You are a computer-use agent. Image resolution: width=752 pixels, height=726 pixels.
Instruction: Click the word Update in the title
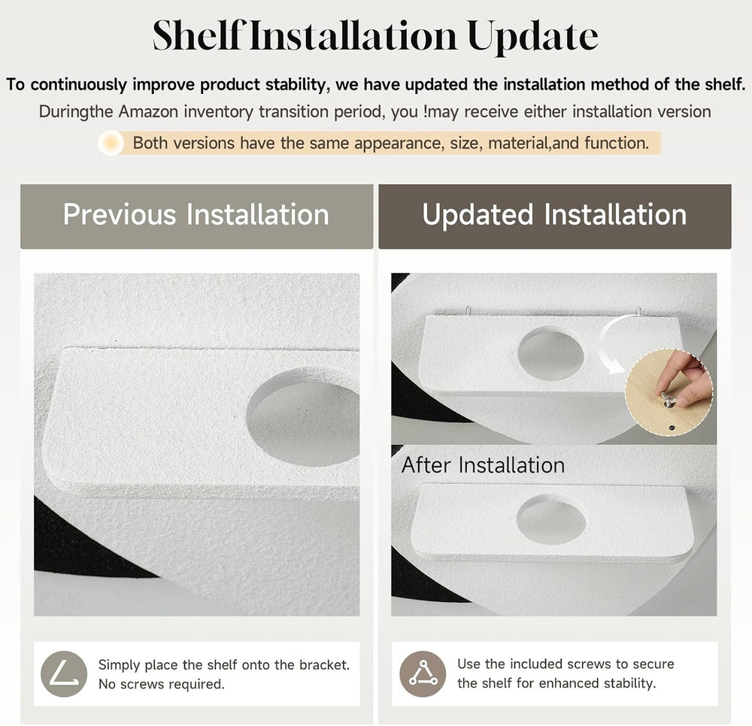pos(532,36)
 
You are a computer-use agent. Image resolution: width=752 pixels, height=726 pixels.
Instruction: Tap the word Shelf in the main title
pos(198,35)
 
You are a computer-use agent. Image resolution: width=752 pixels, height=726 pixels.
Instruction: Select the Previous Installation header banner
pos(196,216)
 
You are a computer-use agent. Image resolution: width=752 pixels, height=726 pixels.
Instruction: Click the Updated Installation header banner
pos(555,216)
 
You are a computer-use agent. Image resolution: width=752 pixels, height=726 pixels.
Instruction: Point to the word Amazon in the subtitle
pos(149,112)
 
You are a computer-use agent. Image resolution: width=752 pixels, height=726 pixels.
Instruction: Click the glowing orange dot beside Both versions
pos(111,143)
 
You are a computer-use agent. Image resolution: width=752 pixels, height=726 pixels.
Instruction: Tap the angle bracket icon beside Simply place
pos(64,673)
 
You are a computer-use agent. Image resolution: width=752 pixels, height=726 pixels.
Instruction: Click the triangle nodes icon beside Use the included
pos(423,673)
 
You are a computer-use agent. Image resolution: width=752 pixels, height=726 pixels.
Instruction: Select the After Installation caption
pos(483,464)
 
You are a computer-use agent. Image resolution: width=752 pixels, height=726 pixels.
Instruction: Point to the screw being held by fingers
pos(669,398)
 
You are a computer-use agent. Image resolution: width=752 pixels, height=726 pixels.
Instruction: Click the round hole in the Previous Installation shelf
pos(303,416)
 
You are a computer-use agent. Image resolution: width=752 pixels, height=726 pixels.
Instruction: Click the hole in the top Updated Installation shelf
pos(551,354)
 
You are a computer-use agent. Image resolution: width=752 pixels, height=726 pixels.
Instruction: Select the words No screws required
pos(161,684)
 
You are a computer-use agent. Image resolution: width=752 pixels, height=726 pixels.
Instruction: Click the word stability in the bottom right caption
pos(629,683)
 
